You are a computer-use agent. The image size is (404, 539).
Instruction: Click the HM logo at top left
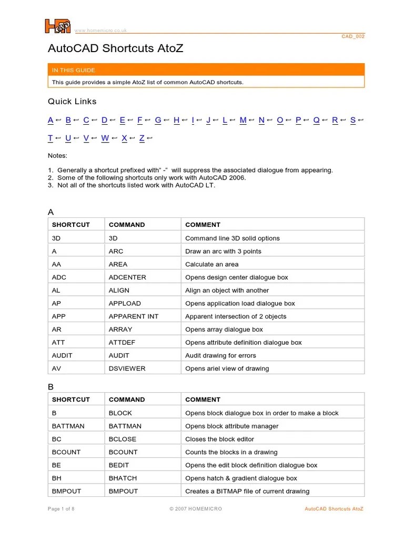point(57,26)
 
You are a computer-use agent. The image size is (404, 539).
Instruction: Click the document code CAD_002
point(353,36)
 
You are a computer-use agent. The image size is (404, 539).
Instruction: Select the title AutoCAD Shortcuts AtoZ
point(115,49)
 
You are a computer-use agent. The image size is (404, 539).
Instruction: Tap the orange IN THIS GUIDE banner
point(206,70)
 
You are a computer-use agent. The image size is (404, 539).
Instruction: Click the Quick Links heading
point(72,102)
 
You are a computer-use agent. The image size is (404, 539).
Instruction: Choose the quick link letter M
point(243,120)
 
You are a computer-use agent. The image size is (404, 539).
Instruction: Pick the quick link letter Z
point(142,138)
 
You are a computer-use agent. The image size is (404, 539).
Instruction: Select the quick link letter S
point(353,120)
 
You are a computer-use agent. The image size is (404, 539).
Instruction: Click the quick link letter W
point(105,138)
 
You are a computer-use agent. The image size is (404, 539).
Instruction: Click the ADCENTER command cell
point(127,277)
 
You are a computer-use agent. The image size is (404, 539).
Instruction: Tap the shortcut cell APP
point(58,316)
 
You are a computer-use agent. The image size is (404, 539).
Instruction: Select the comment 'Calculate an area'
point(211,264)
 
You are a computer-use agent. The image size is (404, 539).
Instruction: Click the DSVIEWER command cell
point(127,368)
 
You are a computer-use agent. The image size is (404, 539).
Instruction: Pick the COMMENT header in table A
point(203,225)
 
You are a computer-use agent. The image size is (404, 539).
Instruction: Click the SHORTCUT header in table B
point(70,400)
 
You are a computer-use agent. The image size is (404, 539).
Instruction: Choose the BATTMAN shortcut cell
point(68,426)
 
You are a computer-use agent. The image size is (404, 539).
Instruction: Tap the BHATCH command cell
point(123,478)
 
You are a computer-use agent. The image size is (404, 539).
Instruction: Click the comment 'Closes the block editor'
point(219,439)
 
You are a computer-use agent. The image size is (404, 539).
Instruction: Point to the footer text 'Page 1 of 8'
point(61,509)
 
